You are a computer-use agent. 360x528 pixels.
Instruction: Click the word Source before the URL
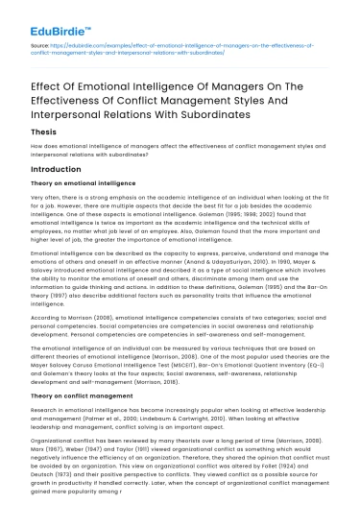click(x=39, y=45)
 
